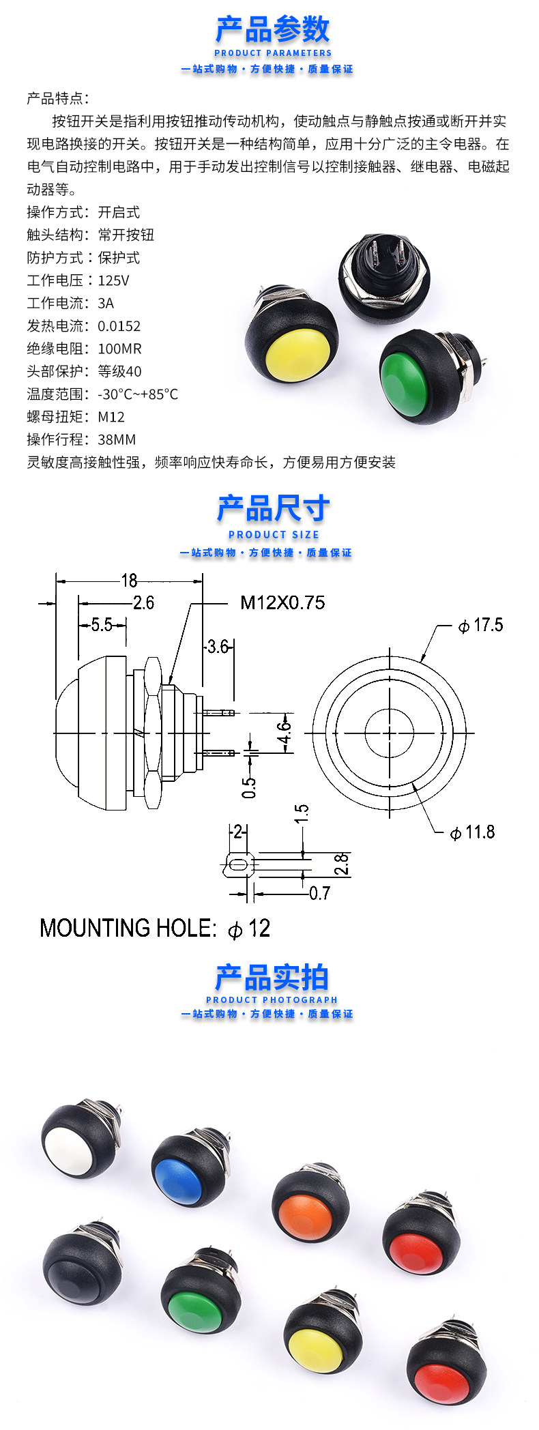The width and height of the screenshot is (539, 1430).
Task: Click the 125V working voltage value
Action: pyautogui.click(x=113, y=280)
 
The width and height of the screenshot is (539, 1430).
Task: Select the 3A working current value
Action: pyautogui.click(x=106, y=303)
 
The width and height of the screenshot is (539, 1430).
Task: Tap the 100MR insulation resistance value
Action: pyautogui.click(x=120, y=349)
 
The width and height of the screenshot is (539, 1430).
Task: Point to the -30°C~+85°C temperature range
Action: pyautogui.click(x=138, y=394)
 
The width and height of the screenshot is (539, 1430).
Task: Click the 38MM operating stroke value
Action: pyautogui.click(x=117, y=439)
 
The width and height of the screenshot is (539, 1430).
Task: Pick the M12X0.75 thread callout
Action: pyautogui.click(x=282, y=602)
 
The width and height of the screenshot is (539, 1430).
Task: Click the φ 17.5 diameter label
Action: pyautogui.click(x=481, y=625)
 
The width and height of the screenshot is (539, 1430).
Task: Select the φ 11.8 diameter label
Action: pyautogui.click(x=473, y=832)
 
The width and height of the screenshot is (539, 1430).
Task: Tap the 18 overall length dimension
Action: pyautogui.click(x=129, y=581)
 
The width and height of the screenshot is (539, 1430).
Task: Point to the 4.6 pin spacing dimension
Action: pyautogui.click(x=285, y=733)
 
